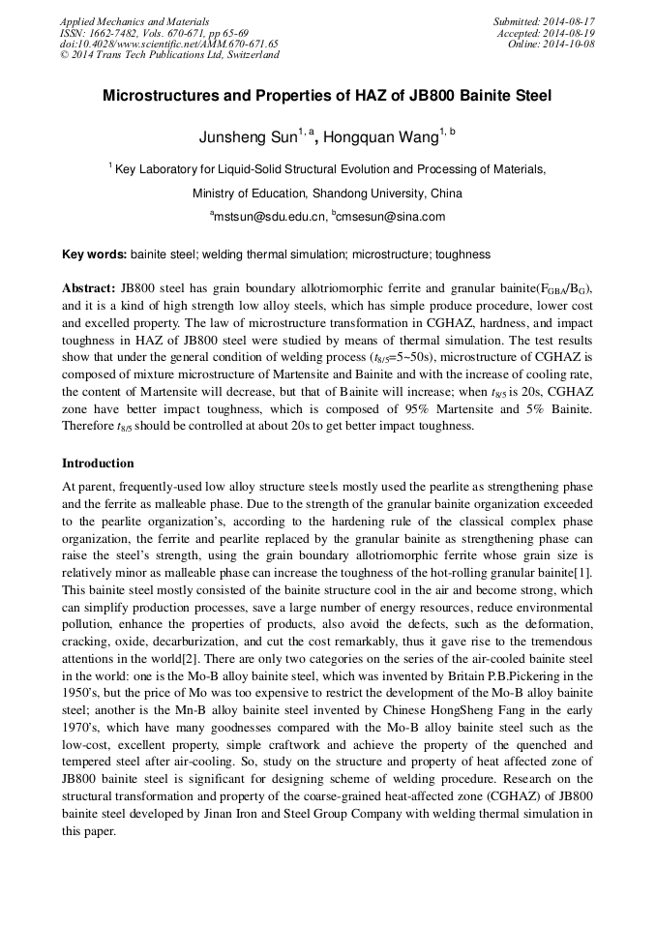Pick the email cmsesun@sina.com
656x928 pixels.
pyautogui.click(x=391, y=217)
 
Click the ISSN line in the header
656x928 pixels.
pyautogui.click(x=154, y=33)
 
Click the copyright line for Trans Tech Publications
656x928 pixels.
pyautogui.click(x=169, y=55)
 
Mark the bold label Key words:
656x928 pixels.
pyautogui.click(x=94, y=254)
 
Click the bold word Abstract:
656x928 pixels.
pyautogui.click(x=89, y=289)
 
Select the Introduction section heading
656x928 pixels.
pyautogui.click(x=98, y=464)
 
